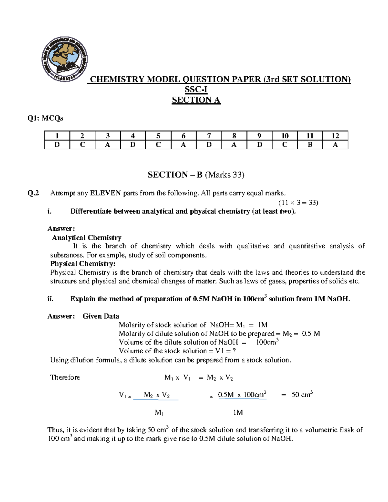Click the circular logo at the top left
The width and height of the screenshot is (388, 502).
(x=64, y=59)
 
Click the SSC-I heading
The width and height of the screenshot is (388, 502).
(x=196, y=90)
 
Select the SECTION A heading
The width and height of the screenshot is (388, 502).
(x=196, y=100)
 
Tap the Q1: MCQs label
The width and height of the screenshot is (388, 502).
(x=45, y=118)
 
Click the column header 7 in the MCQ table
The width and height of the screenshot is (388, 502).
(x=209, y=136)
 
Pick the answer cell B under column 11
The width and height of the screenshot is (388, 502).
(x=310, y=145)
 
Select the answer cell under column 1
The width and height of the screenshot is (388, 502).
(x=57, y=145)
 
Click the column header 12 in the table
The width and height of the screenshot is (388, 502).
(x=335, y=136)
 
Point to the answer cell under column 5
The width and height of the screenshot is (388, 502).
(x=158, y=145)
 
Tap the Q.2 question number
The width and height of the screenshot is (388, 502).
(x=33, y=193)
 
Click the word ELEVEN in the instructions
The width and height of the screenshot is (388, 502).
(x=105, y=193)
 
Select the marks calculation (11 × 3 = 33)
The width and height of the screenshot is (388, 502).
(x=298, y=203)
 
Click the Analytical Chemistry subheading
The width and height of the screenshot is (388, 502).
(x=87, y=238)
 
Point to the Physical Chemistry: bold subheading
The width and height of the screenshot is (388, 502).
(x=83, y=263)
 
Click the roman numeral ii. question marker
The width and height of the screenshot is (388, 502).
(x=50, y=299)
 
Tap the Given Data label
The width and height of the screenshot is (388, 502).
(x=101, y=316)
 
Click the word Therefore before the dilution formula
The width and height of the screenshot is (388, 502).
(x=65, y=377)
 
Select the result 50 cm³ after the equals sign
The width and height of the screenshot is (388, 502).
(x=302, y=395)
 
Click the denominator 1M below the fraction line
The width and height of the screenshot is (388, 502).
(x=238, y=412)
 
